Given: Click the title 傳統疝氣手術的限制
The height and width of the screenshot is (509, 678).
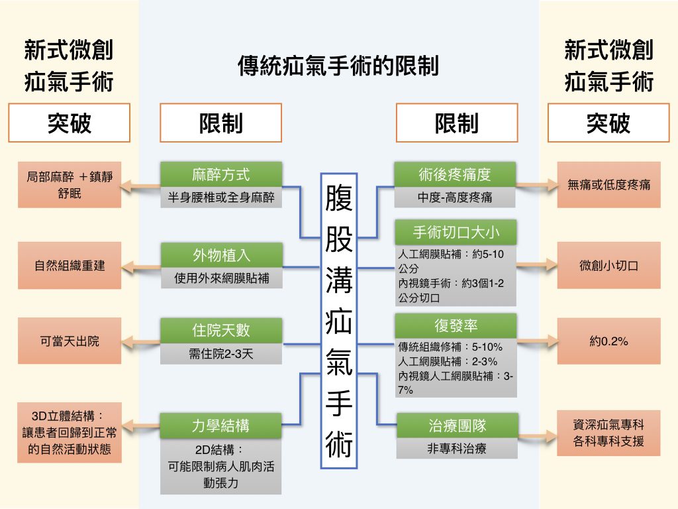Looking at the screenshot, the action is pyautogui.click(x=338, y=66).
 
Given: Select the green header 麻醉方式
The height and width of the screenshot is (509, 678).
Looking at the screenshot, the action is pyautogui.click(x=221, y=174).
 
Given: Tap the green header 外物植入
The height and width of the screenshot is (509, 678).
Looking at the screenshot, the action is pyautogui.click(x=221, y=255).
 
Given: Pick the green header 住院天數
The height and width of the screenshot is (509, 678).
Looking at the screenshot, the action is pyautogui.click(x=221, y=330).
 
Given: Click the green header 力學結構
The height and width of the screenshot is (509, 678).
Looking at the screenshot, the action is pyautogui.click(x=220, y=425).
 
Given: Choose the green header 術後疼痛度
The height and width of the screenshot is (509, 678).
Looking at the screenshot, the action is pyautogui.click(x=455, y=174).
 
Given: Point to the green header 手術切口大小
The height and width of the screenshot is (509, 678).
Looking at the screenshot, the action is pyautogui.click(x=456, y=233).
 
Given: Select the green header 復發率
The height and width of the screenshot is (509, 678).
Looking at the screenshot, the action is pyautogui.click(x=456, y=325).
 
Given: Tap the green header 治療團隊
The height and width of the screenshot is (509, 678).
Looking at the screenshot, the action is pyautogui.click(x=457, y=425).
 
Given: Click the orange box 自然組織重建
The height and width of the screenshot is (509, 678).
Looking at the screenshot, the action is pyautogui.click(x=70, y=265).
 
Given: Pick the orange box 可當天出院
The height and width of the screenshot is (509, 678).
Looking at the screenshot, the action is pyautogui.click(x=70, y=341).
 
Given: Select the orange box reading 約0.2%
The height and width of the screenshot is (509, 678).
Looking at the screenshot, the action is pyautogui.click(x=609, y=341).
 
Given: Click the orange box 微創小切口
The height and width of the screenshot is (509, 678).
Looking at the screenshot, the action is pyautogui.click(x=609, y=265).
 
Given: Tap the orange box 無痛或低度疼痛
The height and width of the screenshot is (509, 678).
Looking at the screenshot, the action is pyautogui.click(x=609, y=185).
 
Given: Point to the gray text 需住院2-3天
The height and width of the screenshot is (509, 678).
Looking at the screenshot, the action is pyautogui.click(x=221, y=354).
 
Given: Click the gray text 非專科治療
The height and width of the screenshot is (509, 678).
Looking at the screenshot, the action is pyautogui.click(x=457, y=449).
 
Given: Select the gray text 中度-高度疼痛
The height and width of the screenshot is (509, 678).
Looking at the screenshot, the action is pyautogui.click(x=455, y=198).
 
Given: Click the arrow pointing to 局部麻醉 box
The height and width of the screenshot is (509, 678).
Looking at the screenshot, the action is pyautogui.click(x=140, y=186).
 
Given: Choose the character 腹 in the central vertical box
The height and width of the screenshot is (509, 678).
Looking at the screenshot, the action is pyautogui.click(x=339, y=198).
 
